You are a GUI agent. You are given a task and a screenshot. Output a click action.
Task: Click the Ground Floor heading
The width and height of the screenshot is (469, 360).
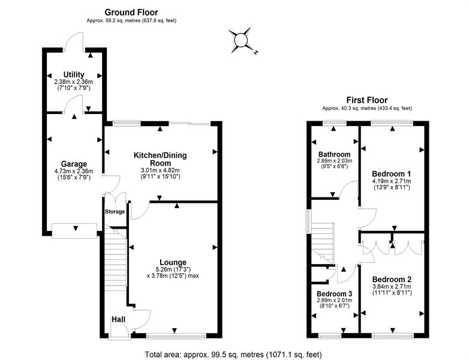(131, 12)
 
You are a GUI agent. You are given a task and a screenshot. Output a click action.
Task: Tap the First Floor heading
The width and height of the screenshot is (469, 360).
(367, 100)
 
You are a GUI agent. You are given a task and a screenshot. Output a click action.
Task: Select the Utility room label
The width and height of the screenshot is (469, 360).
(74, 74)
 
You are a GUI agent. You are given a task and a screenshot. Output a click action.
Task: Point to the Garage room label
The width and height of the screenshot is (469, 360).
(74, 164)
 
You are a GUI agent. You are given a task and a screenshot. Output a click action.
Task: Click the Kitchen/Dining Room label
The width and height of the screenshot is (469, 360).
(160, 159)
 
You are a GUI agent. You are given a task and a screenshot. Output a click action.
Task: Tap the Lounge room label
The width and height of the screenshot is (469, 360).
(173, 262)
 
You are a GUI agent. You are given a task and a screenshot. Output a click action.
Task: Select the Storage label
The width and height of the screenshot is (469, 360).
(115, 212)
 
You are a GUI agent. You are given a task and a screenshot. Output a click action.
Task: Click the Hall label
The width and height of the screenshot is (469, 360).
(118, 319)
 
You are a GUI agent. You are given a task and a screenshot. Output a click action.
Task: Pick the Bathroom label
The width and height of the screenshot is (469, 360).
(335, 154)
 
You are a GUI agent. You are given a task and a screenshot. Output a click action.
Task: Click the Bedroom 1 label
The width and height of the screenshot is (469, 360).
(392, 173)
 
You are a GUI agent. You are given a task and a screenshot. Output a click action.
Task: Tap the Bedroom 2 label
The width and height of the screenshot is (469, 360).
(392, 280)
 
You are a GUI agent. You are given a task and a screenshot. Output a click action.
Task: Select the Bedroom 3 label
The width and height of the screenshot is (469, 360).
(335, 293)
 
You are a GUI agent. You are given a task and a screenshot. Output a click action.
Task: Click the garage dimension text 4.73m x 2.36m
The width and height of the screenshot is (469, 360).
(74, 171)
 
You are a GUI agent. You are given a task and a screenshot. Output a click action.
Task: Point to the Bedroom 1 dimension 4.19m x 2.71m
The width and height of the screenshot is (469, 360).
(392, 181)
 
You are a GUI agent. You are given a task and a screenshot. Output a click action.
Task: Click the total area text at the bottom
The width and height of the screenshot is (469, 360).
(234, 355)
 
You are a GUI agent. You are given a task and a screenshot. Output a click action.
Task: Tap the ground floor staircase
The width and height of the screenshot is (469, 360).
(115, 259)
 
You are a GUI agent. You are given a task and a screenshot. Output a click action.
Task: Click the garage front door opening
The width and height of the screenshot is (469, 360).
(74, 231)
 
